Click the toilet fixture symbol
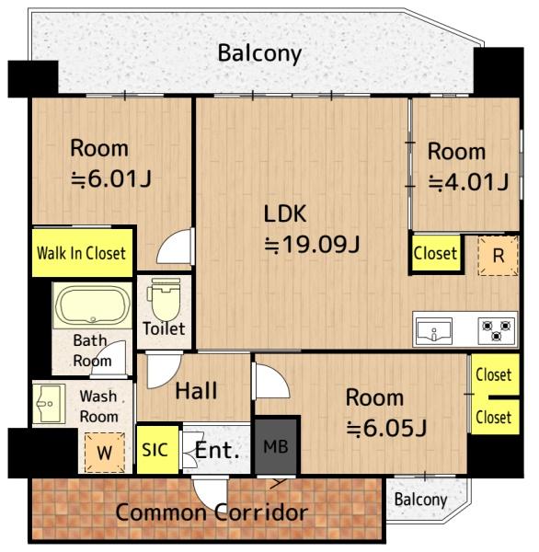point(164,299)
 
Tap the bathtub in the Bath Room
point(92,305)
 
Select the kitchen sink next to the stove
point(434,331)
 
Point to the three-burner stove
point(497,331)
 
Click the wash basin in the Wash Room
point(49,404)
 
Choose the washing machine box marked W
point(105,453)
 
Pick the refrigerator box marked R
point(498,256)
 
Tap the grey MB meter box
point(276,446)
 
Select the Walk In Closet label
point(81,253)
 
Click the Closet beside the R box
point(436,253)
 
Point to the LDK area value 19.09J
point(313,244)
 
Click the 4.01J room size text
point(468,182)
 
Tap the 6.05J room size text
point(386,428)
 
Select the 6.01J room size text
point(111,178)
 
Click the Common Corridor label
point(212,512)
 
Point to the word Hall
point(196,391)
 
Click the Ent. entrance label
point(217,450)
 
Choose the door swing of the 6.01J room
point(176,247)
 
